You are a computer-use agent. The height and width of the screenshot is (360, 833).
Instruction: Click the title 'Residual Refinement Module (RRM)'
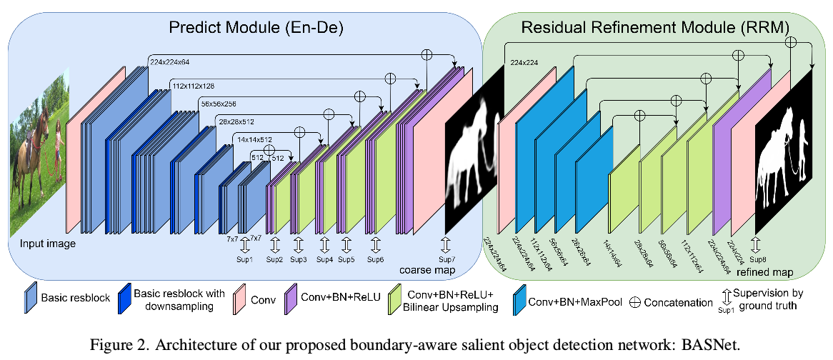[655, 28]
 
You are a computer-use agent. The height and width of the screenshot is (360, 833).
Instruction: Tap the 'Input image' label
[48, 244]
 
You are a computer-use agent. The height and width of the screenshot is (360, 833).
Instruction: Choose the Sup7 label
[447, 259]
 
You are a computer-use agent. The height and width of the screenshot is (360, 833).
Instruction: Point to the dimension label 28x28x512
[239, 122]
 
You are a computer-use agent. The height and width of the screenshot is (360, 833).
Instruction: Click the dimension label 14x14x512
[256, 140]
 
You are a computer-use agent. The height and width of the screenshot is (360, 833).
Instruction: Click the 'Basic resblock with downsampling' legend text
[179, 300]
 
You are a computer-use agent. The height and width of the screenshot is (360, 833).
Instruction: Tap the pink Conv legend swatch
[241, 299]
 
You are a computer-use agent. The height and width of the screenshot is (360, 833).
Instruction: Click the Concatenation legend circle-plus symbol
[634, 302]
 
